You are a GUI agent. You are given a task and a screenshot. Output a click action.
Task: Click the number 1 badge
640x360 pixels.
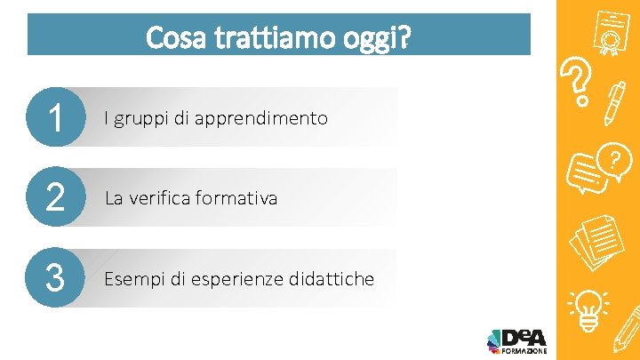pyautogui.click(x=55, y=118)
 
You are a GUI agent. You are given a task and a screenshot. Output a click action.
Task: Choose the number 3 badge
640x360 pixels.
pyautogui.click(x=55, y=278)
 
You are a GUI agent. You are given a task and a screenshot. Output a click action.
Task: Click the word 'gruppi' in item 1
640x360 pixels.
pyautogui.click(x=139, y=118)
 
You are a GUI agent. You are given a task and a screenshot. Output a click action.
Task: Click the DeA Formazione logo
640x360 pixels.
pyautogui.click(x=517, y=340)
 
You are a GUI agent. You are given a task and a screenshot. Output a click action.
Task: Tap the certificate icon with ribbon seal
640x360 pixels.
pyautogui.click(x=608, y=33)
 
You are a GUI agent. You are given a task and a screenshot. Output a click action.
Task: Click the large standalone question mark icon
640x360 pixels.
pyautogui.click(x=580, y=82)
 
